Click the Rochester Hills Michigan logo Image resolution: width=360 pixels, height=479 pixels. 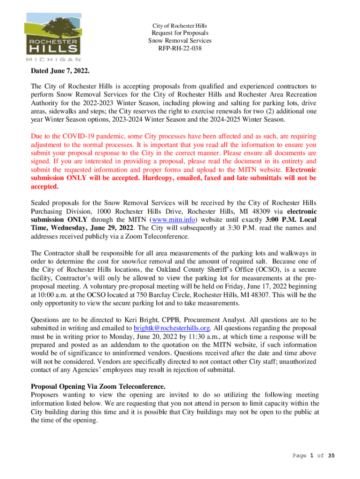53,37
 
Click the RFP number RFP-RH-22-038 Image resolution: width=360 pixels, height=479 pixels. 180,48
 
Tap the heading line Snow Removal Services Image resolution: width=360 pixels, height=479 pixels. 180,41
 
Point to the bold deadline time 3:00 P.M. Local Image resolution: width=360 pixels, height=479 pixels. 289,220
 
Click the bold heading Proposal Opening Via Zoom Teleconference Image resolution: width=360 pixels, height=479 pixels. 98,386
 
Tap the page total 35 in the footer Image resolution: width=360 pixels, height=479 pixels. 331,456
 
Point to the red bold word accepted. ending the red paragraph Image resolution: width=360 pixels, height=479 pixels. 45,187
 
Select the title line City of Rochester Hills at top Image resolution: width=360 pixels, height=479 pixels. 180,25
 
